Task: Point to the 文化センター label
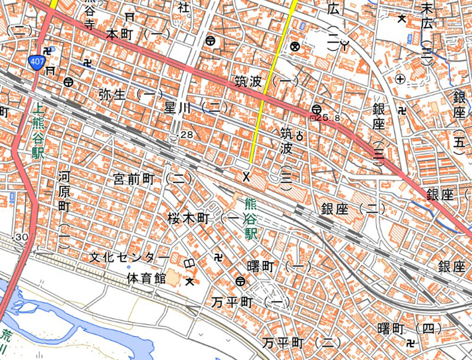coord(129,258)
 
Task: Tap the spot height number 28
coord(186,135)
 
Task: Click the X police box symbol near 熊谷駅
coord(247,175)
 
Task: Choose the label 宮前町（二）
coord(153,177)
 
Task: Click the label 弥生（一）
coord(130,93)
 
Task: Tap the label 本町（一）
coord(137,34)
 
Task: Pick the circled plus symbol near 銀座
coord(401,78)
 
